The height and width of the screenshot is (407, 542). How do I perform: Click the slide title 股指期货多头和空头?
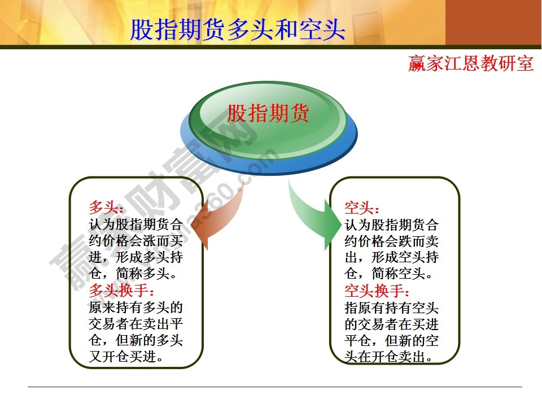click(237, 29)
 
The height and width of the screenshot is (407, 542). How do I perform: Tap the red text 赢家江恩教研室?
click(471, 63)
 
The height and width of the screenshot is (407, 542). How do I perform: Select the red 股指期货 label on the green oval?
click(268, 113)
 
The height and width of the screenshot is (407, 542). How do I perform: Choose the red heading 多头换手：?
click(121, 291)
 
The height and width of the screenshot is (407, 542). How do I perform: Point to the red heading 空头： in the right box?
click(362, 207)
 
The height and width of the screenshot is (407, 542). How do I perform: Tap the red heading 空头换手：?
click(377, 291)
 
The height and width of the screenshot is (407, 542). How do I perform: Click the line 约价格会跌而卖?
click(391, 241)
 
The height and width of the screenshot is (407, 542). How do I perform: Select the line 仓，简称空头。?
click(391, 274)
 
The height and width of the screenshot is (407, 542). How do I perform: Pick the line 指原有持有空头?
click(391, 308)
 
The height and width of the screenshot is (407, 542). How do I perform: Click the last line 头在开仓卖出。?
click(391, 357)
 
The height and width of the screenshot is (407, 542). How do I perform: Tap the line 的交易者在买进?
click(391, 324)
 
